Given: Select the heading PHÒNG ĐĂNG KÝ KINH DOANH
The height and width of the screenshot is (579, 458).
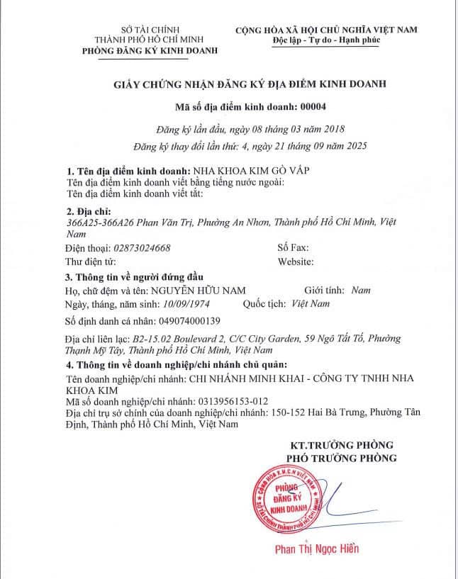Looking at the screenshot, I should (x=150, y=52).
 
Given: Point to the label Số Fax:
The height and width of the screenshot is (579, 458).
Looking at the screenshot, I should (x=293, y=249).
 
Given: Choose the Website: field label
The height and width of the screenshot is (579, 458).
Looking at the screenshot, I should (x=296, y=262).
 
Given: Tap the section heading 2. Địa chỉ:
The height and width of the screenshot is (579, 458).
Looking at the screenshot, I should (x=89, y=211).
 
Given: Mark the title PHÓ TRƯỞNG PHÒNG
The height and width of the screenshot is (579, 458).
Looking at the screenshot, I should (x=342, y=458).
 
